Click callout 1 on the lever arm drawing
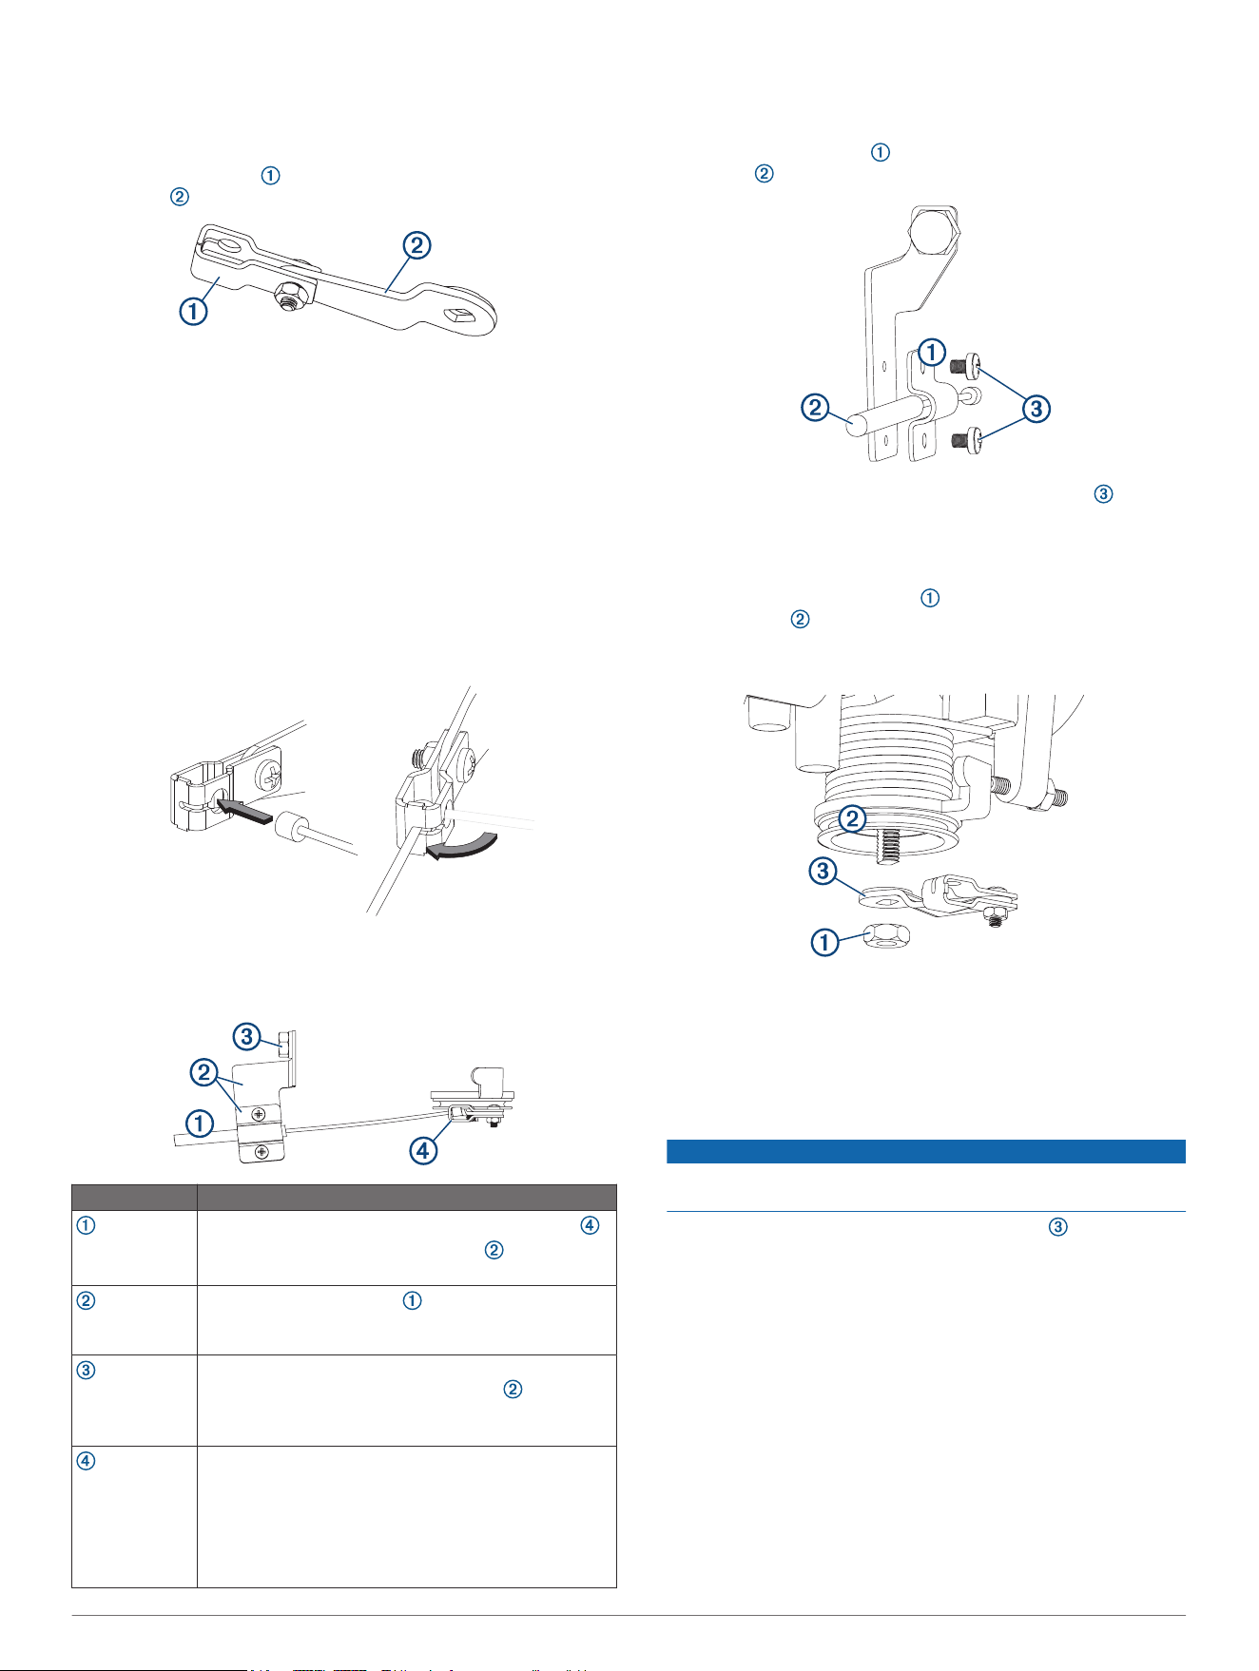click(193, 311)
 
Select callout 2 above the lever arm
click(416, 245)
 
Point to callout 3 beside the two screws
click(1036, 409)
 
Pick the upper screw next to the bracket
click(970, 364)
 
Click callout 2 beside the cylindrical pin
click(815, 408)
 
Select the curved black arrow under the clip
click(463, 843)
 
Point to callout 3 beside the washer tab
click(824, 871)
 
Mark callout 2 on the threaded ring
click(852, 817)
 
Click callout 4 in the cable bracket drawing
click(423, 1150)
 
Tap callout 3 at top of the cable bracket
click(247, 1035)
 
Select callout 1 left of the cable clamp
click(199, 1124)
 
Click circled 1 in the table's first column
click(86, 1224)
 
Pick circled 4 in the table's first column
click(86, 1461)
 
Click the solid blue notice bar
click(926, 1151)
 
